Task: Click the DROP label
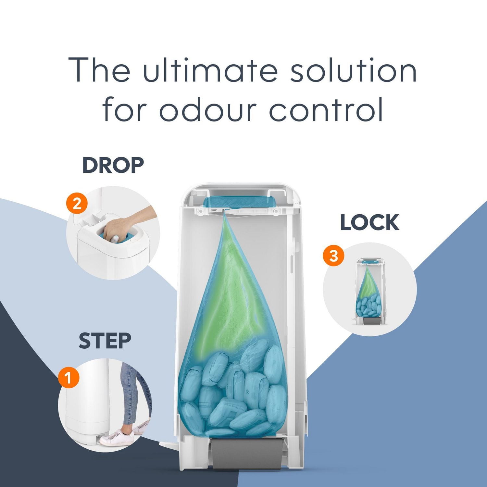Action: click(x=113, y=165)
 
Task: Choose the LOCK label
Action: click(x=370, y=223)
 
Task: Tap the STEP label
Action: click(x=105, y=341)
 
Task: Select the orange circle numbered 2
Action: click(x=77, y=204)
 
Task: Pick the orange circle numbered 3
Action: click(x=333, y=256)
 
